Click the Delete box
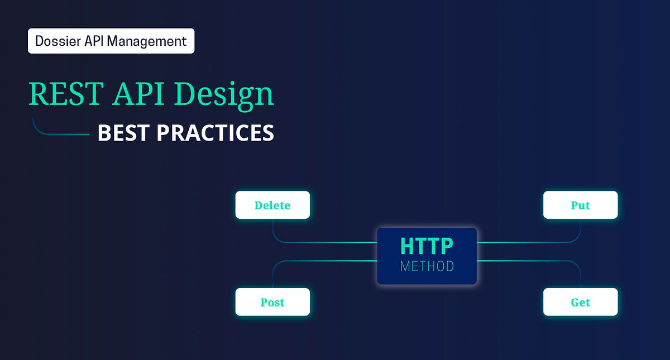[272, 205]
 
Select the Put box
[580, 205]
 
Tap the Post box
[272, 302]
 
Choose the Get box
[580, 302]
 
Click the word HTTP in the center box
[427, 246]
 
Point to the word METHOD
[427, 266]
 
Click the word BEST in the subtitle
[123, 133]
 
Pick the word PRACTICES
[215, 133]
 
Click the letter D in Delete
[258, 205]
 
